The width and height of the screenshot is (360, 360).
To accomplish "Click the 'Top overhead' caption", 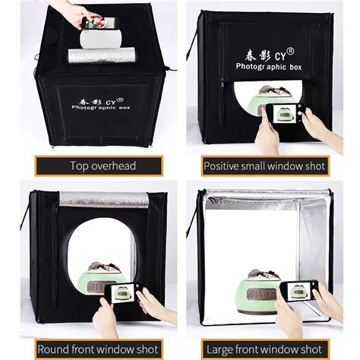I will click(97, 166).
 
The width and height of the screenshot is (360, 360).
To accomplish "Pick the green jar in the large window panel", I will click(262, 289).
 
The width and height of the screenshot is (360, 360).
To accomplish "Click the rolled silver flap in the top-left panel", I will click(101, 55).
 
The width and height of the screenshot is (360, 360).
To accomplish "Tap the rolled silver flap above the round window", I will click(103, 199).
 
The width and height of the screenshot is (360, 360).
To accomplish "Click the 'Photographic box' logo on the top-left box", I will click(97, 103).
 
